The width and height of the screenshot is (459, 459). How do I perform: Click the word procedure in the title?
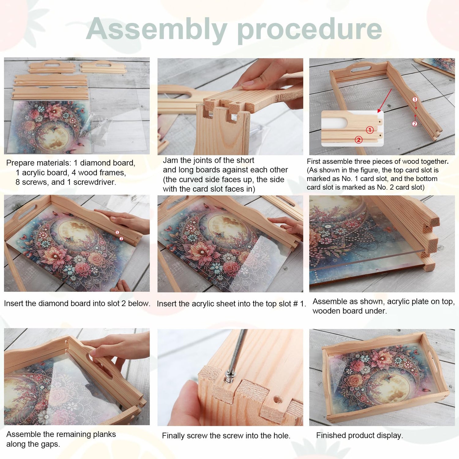pos(309,29)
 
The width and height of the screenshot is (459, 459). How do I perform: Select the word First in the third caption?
pos(314,162)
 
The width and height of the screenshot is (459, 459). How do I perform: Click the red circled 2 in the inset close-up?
pos(358,140)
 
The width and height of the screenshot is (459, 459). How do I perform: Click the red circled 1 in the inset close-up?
pos(370,130)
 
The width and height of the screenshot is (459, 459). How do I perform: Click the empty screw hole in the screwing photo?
pos(278,400)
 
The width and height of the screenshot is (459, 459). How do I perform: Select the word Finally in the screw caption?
pos(173,436)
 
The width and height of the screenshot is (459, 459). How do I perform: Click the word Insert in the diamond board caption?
pos(14,304)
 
